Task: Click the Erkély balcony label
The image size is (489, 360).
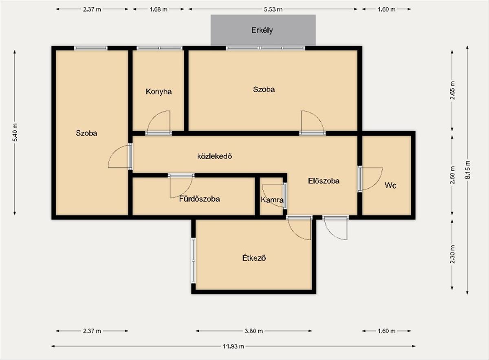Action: [262, 30]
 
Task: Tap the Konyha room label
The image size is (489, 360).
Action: [159, 92]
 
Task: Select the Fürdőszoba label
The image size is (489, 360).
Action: [200, 199]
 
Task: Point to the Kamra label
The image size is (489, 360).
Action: [272, 200]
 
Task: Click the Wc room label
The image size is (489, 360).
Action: [390, 185]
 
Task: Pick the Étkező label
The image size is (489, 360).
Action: [254, 258]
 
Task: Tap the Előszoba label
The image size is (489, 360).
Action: [324, 181]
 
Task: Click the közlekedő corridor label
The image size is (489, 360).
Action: [215, 156]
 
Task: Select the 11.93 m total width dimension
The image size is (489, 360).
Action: [233, 346]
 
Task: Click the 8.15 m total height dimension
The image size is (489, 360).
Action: [467, 170]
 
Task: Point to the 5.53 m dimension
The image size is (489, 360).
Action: [273, 9]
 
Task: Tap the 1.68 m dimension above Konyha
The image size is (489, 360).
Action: [159, 9]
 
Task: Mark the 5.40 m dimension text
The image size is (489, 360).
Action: [15, 132]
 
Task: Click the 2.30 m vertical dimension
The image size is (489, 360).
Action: [452, 254]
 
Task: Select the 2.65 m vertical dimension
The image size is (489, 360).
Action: [452, 90]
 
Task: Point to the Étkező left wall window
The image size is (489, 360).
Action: [193, 261]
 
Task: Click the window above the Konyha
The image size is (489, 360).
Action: [159, 48]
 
